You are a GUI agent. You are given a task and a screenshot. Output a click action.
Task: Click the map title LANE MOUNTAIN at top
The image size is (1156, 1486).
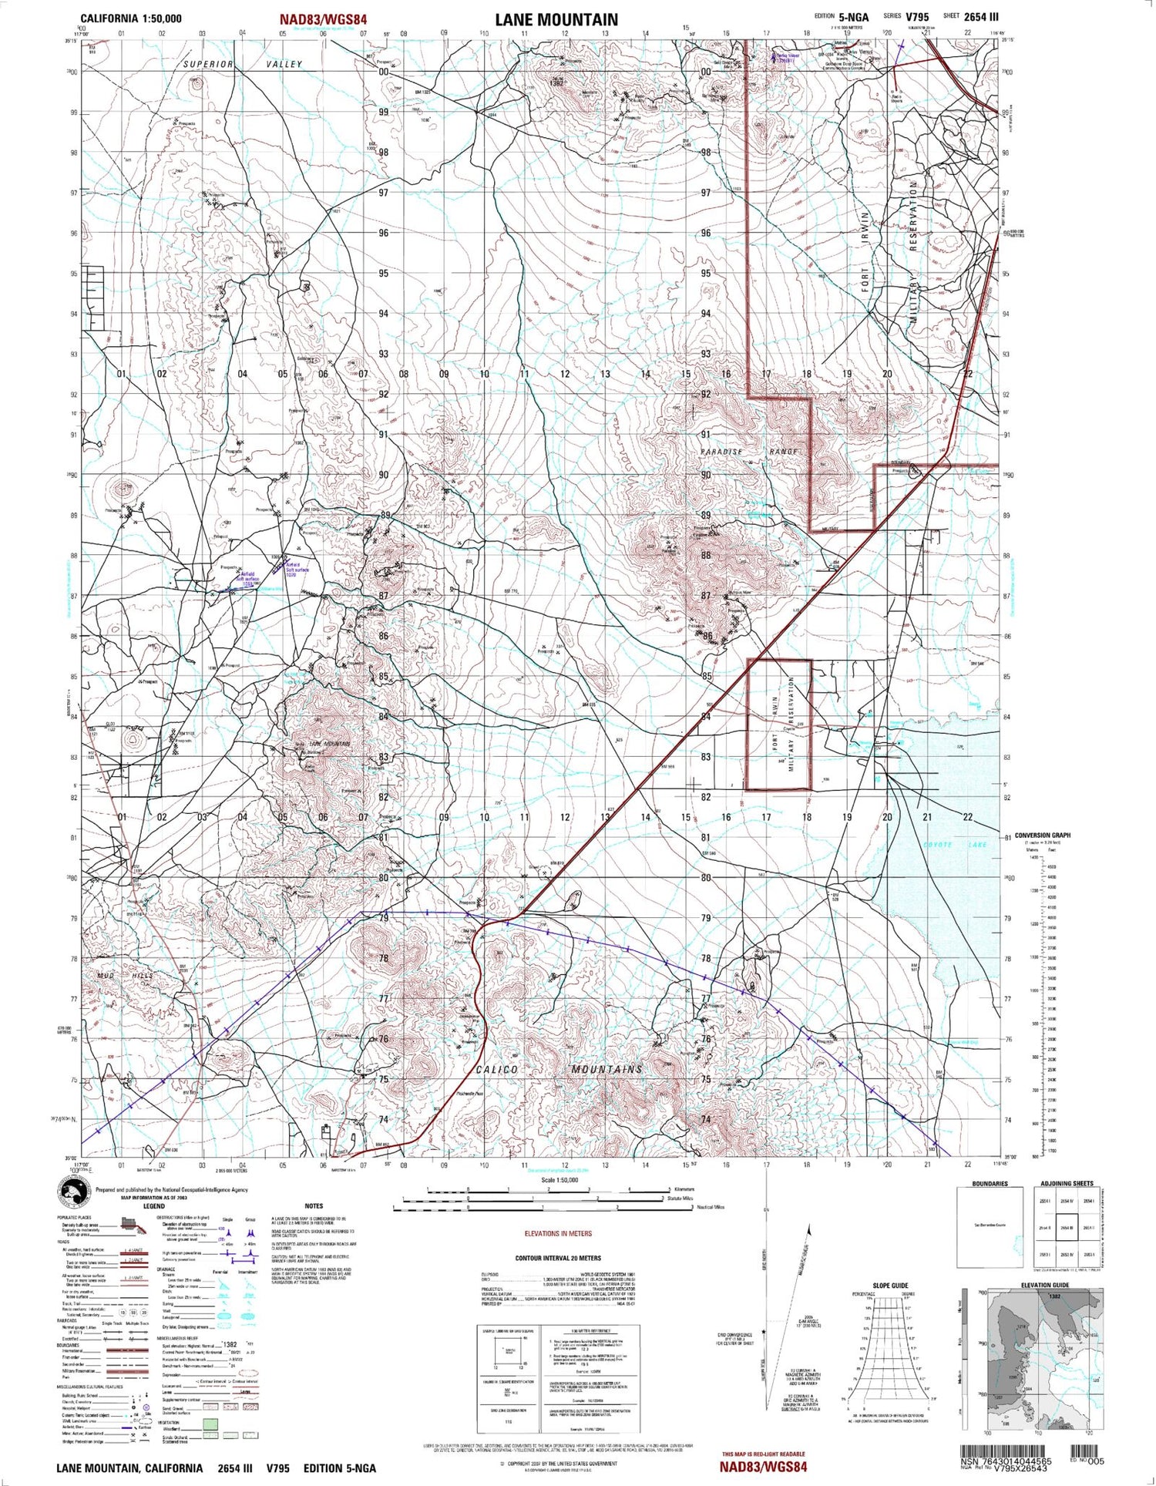click(556, 20)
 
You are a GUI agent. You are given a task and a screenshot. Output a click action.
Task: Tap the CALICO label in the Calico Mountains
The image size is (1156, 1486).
click(496, 1069)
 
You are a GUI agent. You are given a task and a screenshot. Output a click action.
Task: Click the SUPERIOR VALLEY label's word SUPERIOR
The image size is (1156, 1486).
click(208, 65)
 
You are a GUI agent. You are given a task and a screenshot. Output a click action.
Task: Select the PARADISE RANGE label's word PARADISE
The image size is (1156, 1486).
click(721, 452)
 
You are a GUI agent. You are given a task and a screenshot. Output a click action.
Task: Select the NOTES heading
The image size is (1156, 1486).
click(314, 1206)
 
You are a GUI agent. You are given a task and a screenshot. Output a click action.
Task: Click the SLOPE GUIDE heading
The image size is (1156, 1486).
click(890, 1286)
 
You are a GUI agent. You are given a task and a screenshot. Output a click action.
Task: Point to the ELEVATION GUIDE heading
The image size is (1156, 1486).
click(1044, 1285)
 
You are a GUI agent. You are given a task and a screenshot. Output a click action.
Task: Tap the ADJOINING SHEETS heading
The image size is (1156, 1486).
click(1067, 1183)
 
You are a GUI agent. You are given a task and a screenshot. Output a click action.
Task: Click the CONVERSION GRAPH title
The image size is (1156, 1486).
click(1042, 835)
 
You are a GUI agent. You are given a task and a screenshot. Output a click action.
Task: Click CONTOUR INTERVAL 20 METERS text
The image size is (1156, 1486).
click(558, 1259)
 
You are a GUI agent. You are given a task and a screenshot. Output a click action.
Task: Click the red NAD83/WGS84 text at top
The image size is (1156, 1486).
click(323, 20)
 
